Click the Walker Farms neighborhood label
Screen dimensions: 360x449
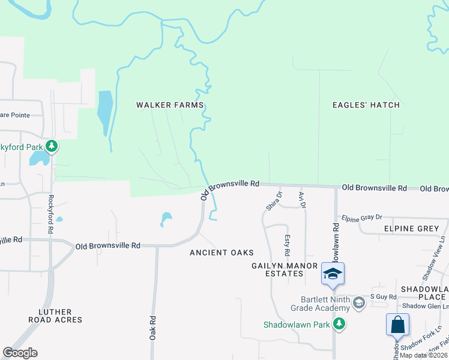click(x=170, y=105)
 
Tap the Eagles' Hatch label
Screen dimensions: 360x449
click(x=366, y=105)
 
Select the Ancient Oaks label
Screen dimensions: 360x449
click(x=221, y=253)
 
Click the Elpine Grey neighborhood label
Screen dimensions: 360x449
click(x=412, y=229)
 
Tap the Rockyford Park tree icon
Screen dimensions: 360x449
click(x=52, y=145)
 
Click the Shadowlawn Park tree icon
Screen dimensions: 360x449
click(x=339, y=324)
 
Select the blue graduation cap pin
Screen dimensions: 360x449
click(x=333, y=274)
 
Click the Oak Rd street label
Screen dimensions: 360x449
click(x=153, y=326)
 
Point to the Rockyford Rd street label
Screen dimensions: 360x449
click(x=51, y=214)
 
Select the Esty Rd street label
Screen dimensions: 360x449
click(x=287, y=245)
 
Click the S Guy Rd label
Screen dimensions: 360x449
click(x=384, y=296)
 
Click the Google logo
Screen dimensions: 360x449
click(x=20, y=353)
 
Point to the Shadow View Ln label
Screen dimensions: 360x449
click(x=435, y=258)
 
